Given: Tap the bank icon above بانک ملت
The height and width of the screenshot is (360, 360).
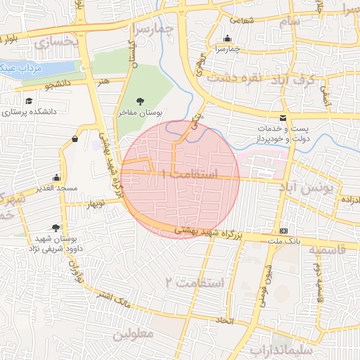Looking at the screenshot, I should [283, 231].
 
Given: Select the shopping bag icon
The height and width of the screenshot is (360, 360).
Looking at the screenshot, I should [75, 139].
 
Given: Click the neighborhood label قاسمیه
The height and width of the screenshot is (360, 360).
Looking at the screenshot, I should [328, 250].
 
